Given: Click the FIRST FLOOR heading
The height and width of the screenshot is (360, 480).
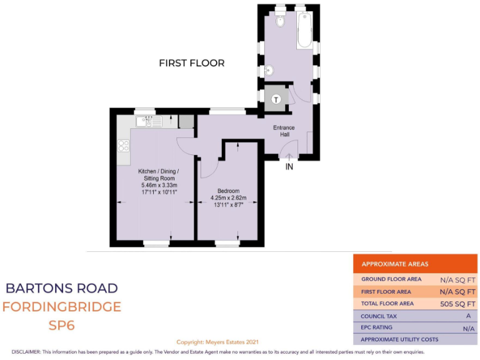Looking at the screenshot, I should pyautogui.click(x=191, y=63).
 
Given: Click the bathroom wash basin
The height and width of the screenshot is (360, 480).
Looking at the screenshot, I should pyautogui.click(x=269, y=70).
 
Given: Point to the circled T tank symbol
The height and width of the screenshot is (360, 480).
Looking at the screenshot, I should pyautogui.click(x=276, y=98).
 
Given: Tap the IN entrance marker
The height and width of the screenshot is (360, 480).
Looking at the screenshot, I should pyautogui.click(x=289, y=167).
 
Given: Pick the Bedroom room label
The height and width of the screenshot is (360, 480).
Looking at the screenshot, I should pyautogui.click(x=228, y=191).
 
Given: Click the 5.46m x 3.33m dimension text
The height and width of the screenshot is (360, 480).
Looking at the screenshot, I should pyautogui.click(x=159, y=186).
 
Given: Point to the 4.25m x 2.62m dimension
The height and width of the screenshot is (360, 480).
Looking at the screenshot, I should pyautogui.click(x=228, y=198).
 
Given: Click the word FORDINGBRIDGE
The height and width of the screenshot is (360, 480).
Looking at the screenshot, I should pyautogui.click(x=61, y=307).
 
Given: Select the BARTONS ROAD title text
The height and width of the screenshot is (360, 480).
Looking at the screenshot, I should pyautogui.click(x=61, y=288).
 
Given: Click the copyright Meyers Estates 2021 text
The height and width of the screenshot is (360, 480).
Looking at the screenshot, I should pyautogui.click(x=217, y=342).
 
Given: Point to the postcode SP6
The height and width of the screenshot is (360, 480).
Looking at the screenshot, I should pyautogui.click(x=61, y=326).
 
